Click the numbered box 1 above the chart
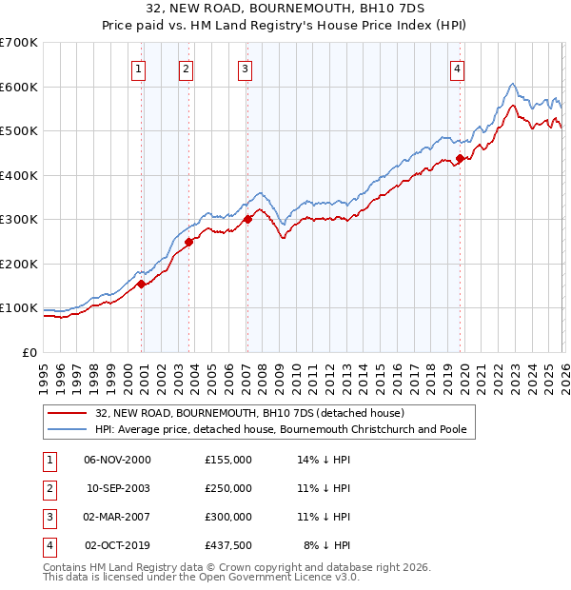pos(139,69)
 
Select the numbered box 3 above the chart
pos(246,69)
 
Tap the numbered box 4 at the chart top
pos(458,69)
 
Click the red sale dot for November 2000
pos(141,284)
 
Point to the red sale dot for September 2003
pos(188,242)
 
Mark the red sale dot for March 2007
pos(247,219)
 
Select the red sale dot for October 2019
pos(460,159)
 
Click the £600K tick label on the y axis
pos(19,87)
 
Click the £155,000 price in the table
pos(228,460)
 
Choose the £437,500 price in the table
pos(228,545)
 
